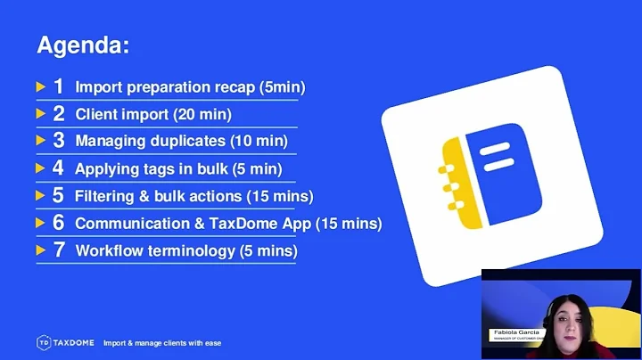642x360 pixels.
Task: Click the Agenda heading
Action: click(x=82, y=45)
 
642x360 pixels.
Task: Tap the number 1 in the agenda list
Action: click(x=59, y=86)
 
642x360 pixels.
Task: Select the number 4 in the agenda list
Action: click(x=59, y=168)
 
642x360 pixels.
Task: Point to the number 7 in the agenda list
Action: click(x=59, y=250)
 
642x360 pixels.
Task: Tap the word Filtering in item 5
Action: click(x=104, y=196)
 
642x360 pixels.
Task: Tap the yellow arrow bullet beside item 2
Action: click(x=40, y=114)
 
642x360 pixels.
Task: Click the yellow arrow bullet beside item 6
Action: click(x=40, y=223)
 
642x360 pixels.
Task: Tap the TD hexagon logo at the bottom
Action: click(x=43, y=342)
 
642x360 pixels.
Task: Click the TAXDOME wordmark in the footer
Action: click(x=74, y=342)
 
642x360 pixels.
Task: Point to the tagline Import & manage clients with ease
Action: click(x=161, y=343)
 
